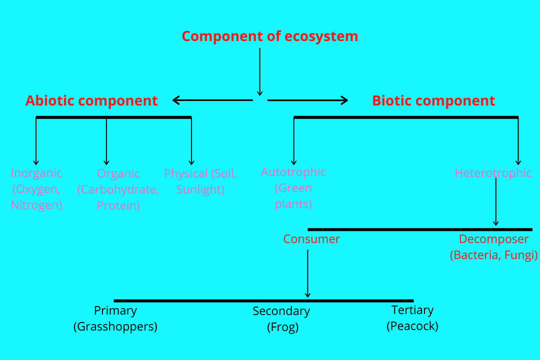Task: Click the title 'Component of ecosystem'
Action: [x=269, y=36]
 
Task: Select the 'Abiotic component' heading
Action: [x=91, y=100]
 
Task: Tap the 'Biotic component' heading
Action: [x=433, y=100]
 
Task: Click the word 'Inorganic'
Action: [x=36, y=173]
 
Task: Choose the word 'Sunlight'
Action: [x=200, y=190]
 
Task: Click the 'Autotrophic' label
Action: [x=293, y=172]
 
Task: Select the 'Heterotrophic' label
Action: [x=493, y=173]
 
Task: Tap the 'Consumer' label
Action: [x=311, y=239]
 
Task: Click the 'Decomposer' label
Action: [x=493, y=239]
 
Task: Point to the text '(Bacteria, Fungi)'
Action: [x=493, y=255]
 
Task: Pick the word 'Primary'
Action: [x=115, y=310]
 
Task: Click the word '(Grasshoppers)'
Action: [x=115, y=326]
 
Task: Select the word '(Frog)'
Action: [x=282, y=327]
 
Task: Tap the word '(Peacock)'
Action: [x=412, y=326]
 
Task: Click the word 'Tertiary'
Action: [x=412, y=310]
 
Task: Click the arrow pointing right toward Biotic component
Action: [x=307, y=100]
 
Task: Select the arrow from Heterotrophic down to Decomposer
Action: [x=495, y=202]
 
